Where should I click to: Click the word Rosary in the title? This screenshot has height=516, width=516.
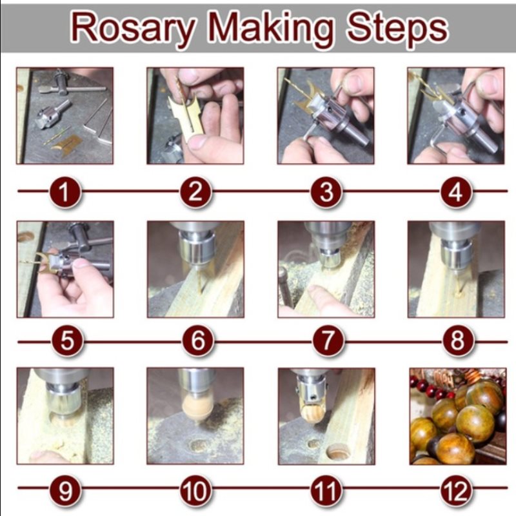(133, 28)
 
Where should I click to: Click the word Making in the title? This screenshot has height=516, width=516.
(271, 28)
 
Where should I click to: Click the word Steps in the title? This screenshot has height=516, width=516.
(397, 28)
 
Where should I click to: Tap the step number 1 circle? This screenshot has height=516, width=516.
(65, 192)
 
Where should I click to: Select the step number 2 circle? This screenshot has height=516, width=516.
(196, 192)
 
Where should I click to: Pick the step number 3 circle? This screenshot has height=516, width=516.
(326, 192)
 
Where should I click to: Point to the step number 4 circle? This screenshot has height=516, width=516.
(456, 192)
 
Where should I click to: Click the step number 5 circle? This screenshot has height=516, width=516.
(67, 341)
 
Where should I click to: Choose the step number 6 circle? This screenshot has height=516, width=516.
(198, 341)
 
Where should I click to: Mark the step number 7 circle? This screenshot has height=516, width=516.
(328, 341)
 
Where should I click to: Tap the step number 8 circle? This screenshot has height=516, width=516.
(458, 341)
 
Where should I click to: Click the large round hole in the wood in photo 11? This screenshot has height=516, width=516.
(338, 451)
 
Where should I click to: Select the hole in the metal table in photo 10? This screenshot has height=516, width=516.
(199, 445)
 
